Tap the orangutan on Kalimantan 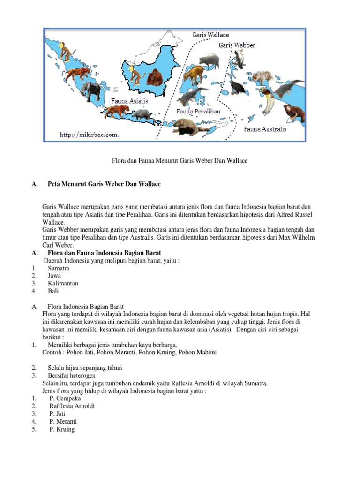point(155,77)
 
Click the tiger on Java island point(115,111)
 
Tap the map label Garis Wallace point(210,35)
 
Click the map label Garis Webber point(237,45)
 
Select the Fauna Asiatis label point(129,101)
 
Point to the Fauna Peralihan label point(198,111)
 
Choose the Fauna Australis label point(265,129)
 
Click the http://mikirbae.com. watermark point(90,135)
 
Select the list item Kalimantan point(63,284)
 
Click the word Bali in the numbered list point(53,291)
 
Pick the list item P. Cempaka point(65,398)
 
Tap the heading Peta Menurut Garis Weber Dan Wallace point(104,184)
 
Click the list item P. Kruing point(62,429)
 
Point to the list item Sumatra point(59,268)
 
